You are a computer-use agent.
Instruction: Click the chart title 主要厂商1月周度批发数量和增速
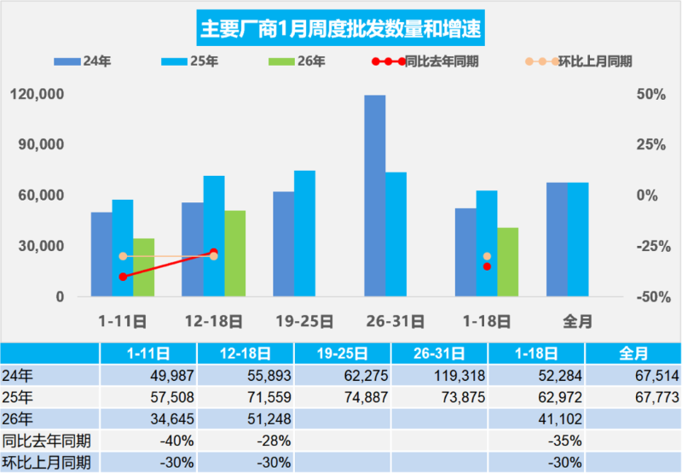pos(341,28)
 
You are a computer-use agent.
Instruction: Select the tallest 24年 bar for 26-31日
pos(375,196)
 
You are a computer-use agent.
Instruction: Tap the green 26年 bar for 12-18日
pos(234,254)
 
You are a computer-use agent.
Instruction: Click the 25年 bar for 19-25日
pos(304,234)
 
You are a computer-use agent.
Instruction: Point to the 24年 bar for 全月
pos(557,240)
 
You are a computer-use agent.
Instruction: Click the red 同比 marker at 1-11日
pos(123,277)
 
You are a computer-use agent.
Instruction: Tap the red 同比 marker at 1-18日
pos(487,266)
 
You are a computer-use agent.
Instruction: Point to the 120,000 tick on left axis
pos(41,94)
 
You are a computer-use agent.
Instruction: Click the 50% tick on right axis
pos(652,94)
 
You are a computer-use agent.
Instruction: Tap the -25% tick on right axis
pos(652,247)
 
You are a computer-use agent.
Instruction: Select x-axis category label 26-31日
pos(396,321)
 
